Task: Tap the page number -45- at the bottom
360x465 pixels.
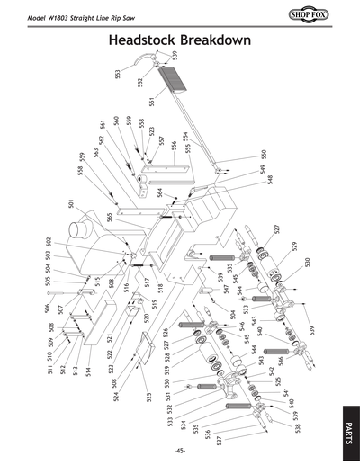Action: pos(180,451)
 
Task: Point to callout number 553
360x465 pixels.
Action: pos(118,74)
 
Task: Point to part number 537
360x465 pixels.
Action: pos(219,442)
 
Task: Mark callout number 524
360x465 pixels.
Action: pos(92,397)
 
